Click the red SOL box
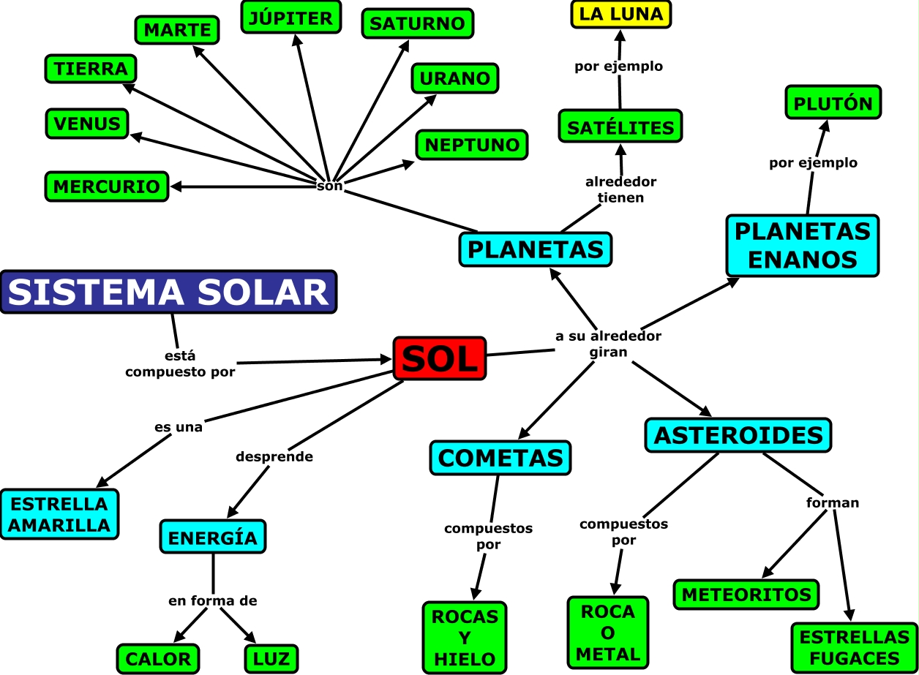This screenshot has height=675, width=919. coord(440,358)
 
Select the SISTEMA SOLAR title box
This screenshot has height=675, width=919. coord(168,292)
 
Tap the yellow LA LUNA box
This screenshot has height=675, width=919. coord(620,14)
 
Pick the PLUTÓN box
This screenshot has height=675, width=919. coord(833,102)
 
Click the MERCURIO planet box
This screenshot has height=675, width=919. coord(107,186)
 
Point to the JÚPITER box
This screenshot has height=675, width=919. coord(290,17)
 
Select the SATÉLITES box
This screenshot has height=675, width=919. coord(620,127)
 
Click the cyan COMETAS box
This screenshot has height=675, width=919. coord(500,458)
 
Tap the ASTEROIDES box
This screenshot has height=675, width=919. coord(738,435)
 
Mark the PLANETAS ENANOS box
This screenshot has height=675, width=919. coord(802,245)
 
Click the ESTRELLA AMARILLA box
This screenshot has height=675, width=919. coord(59,514)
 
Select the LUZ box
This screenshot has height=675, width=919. coord(271,659)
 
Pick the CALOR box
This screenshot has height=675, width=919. coord(158,659)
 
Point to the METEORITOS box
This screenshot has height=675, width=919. coord(746,595)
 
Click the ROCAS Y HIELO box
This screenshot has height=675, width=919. coord(465,637)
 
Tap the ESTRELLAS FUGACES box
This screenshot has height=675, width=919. coord(854,647)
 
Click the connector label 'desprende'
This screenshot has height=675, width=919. coord(274,456)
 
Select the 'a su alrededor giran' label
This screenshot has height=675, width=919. coord(608,344)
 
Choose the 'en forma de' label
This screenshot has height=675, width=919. coord(213,601)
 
